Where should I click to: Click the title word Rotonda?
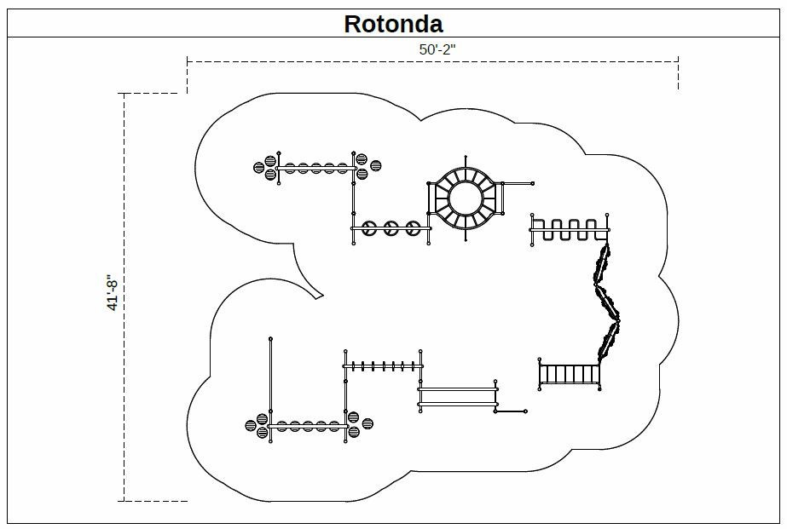click(x=393, y=23)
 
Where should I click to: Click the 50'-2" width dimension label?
click(x=437, y=49)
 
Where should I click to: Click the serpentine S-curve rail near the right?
click(x=569, y=229)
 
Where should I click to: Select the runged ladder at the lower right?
click(x=570, y=375)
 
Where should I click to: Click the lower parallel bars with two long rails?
click(x=458, y=397)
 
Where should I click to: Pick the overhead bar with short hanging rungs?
click(x=382, y=366)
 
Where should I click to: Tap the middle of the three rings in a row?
click(x=391, y=227)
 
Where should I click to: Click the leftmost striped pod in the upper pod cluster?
click(x=259, y=167)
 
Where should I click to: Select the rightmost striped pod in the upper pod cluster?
click(x=375, y=165)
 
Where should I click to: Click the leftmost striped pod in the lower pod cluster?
click(x=251, y=425)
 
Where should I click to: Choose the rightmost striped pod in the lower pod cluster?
click(x=367, y=423)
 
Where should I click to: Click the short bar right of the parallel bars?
click(x=512, y=411)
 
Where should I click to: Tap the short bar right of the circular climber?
click(x=518, y=183)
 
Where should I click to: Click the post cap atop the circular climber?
click(x=466, y=158)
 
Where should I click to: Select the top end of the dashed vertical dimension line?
click(x=124, y=93)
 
